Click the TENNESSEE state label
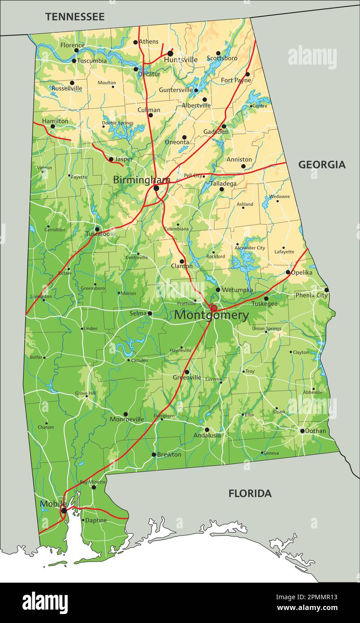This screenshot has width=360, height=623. (74, 17)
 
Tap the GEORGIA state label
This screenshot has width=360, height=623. (322, 164)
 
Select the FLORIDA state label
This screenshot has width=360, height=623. (250, 493)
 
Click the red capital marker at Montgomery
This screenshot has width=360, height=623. (214, 308)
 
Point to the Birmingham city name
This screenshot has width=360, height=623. (141, 180)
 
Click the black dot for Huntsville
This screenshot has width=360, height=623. (170, 53)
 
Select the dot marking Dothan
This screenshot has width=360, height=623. (302, 431)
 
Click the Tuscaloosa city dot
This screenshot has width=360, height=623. (97, 229)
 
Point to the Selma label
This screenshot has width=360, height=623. (138, 313)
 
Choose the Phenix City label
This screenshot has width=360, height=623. (311, 295)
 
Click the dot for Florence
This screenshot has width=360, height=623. (76, 50)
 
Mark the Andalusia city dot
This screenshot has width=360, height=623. (207, 429)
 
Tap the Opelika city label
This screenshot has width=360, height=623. (302, 272)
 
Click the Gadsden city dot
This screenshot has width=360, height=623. (224, 126)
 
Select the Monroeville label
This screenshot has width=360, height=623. (127, 420)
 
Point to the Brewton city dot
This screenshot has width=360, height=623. (153, 454)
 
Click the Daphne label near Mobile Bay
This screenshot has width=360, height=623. (96, 520)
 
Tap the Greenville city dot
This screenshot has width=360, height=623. (187, 372)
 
